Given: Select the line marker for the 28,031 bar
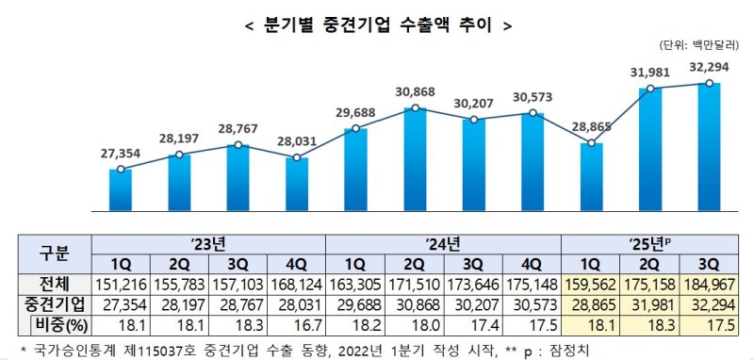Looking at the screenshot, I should click(x=298, y=158).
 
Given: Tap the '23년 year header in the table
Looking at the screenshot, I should click(x=209, y=243).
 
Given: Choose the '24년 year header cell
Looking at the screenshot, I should click(x=443, y=243).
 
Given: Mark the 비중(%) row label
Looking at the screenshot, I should click(x=59, y=323).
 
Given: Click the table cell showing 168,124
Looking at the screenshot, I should click(x=297, y=284).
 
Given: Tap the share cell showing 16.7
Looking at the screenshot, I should click(x=297, y=323).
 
